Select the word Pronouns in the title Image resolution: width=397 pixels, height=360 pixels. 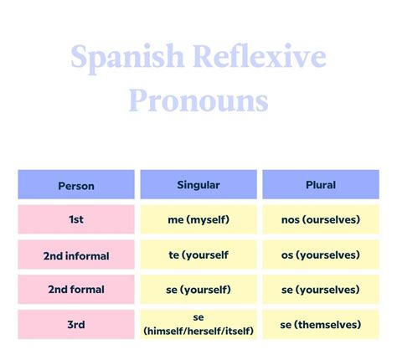(x=198, y=100)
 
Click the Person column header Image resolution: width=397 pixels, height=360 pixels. (x=76, y=185)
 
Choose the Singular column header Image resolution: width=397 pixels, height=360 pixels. (x=198, y=184)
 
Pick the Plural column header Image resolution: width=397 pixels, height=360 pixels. (x=321, y=184)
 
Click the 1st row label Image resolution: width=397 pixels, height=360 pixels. (x=76, y=219)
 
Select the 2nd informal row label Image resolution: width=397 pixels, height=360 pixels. (x=76, y=255)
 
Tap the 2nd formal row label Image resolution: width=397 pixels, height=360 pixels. (x=76, y=290)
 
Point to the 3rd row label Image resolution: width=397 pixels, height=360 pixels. (x=76, y=324)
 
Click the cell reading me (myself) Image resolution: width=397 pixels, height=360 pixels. (x=198, y=219)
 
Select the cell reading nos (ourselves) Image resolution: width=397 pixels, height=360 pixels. (x=321, y=219)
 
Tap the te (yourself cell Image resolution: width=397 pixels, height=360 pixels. (x=198, y=255)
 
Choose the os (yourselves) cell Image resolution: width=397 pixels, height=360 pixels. (x=321, y=255)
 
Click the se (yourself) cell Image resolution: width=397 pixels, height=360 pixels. (x=198, y=290)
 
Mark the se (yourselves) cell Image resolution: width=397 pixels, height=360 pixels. (x=321, y=290)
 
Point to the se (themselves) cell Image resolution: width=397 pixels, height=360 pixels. (x=321, y=324)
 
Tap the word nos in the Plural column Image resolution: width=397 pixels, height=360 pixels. (x=291, y=219)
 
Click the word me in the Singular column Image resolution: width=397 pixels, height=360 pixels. (x=176, y=219)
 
